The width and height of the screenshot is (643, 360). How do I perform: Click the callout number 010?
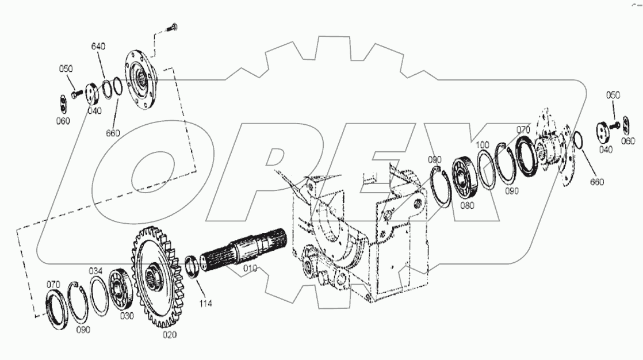tap(250, 268)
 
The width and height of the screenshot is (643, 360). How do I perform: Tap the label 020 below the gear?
tap(170, 335)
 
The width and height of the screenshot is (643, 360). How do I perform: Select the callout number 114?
tap(206, 304)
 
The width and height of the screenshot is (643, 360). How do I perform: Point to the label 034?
tap(95, 271)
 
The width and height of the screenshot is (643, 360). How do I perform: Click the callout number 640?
tap(98, 47)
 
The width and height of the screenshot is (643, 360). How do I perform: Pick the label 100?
tap(483, 145)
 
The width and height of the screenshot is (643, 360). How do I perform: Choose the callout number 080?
tap(467, 205)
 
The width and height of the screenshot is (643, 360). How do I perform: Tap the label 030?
tap(127, 316)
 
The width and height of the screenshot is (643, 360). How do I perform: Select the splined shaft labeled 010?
tap(244, 251)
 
